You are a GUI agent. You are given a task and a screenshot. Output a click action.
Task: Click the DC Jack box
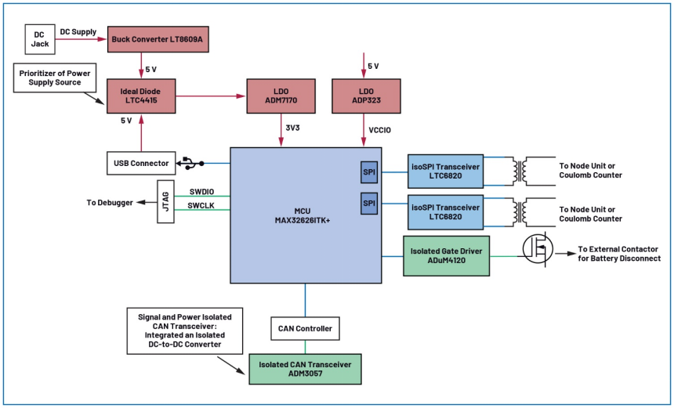pos(40,38)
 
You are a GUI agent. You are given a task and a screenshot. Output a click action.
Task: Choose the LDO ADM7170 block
pos(280,96)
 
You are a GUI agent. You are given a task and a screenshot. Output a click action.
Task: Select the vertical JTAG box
pos(165,201)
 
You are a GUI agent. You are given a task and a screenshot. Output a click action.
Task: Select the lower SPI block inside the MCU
pos(368,204)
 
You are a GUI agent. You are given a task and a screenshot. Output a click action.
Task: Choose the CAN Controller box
pos(305,329)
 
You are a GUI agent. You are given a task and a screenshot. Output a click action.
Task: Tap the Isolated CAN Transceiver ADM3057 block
pos(305,368)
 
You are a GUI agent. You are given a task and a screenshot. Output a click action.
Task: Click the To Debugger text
pos(109,203)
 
